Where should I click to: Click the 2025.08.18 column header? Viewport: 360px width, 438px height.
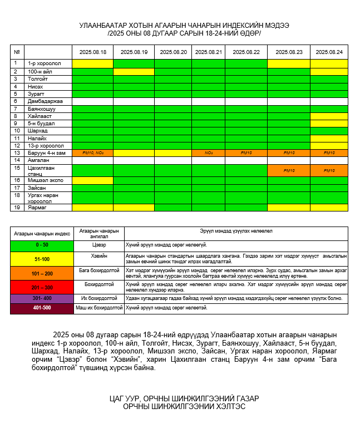(92, 52)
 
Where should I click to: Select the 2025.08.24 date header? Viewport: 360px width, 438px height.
(329, 52)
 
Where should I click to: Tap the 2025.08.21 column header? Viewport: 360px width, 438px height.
(208, 52)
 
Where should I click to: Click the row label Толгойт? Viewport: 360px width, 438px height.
(38, 79)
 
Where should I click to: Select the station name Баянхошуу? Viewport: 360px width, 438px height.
(42, 109)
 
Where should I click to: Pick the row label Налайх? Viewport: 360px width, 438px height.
(37, 138)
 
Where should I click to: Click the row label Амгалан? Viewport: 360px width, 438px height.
(38, 160)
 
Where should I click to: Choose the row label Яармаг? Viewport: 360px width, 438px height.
(37, 208)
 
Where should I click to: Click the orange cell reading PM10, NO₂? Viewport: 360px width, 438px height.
(92, 152)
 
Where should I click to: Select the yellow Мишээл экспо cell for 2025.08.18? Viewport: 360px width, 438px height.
(92, 180)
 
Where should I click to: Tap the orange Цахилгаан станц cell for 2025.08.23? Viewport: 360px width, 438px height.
(289, 170)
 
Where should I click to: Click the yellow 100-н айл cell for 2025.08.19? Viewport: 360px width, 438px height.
(134, 72)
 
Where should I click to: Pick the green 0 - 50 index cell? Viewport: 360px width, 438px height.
(42, 245)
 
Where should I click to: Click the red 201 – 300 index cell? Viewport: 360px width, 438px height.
(42, 287)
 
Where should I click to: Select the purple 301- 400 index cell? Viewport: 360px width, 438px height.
(42, 298)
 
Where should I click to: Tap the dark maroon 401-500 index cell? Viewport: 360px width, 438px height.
(42, 308)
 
